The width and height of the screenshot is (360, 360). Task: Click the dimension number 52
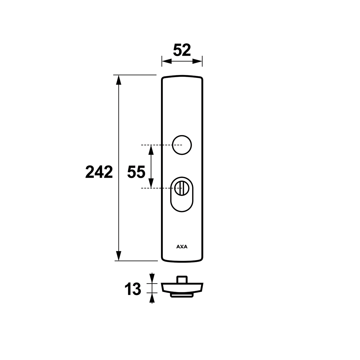click(x=182, y=50)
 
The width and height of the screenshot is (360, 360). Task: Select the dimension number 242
click(x=99, y=172)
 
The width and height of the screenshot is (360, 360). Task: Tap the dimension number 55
click(x=136, y=172)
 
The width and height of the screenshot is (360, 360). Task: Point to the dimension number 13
click(x=133, y=289)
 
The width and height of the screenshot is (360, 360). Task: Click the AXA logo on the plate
click(x=182, y=247)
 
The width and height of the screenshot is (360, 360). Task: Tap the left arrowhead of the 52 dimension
click(x=167, y=61)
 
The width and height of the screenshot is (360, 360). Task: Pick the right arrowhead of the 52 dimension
click(x=197, y=61)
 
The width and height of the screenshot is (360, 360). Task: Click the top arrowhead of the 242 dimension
click(x=119, y=80)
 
